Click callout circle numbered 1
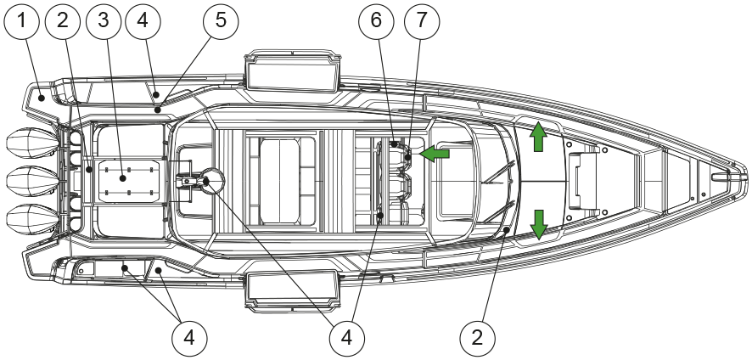point(22,22)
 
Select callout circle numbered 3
point(104,22)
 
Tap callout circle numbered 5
point(220,22)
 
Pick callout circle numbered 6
point(377,22)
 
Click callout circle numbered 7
point(423,22)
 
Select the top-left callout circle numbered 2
point(63,22)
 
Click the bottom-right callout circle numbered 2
point(477,338)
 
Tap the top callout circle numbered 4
point(143,22)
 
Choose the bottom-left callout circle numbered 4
point(188,338)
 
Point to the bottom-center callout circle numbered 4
point(345,338)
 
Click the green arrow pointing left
point(435,154)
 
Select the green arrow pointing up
point(538,136)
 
